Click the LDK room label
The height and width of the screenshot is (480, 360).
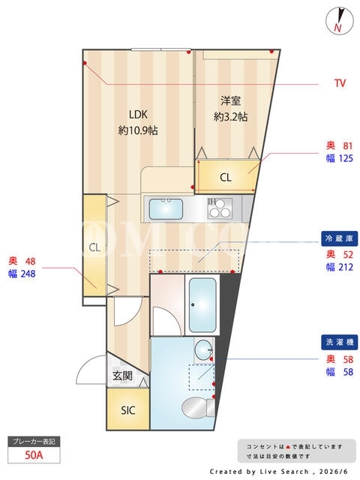point(138,115)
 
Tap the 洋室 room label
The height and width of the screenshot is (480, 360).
point(230,100)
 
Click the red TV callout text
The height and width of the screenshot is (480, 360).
point(340,83)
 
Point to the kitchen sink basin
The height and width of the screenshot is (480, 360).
point(166,208)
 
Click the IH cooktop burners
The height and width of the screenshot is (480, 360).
point(220,208)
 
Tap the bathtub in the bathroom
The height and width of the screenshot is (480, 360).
point(202,305)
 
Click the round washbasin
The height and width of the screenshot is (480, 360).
point(203,349)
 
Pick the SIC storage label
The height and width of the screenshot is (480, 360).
point(128,410)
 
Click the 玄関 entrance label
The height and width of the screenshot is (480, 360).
point(122,376)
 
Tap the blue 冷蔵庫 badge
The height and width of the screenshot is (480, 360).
point(340,238)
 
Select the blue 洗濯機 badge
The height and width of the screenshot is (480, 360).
point(340,342)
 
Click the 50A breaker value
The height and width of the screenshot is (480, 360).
point(34,455)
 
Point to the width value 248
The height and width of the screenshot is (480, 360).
point(28,273)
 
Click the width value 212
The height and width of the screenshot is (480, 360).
point(346,267)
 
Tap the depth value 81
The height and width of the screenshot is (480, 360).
point(348,145)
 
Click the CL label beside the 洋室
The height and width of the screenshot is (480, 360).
point(226,177)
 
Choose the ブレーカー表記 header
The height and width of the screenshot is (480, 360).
point(34,442)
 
